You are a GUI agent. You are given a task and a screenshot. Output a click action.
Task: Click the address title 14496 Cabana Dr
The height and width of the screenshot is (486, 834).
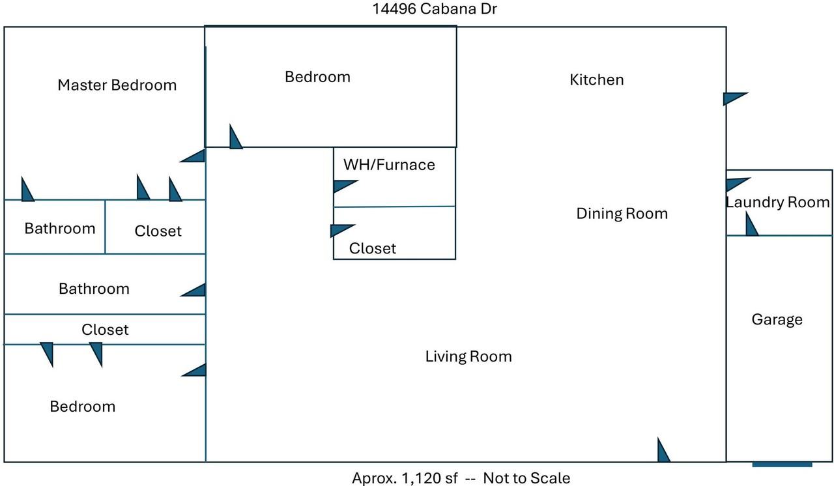(x=435, y=9)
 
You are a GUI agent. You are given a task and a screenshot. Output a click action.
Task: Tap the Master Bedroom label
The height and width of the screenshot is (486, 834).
(x=117, y=85)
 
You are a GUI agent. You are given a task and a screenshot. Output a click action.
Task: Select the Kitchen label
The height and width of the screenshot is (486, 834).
(x=597, y=79)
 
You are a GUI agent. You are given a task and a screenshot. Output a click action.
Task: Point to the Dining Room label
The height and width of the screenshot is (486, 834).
(x=622, y=213)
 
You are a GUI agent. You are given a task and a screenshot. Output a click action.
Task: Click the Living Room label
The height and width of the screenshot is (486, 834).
(x=468, y=356)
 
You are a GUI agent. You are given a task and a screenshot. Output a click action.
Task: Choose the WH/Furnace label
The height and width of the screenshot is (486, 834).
(x=389, y=164)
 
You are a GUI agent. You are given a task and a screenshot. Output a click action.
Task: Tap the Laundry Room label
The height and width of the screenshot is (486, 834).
(x=778, y=202)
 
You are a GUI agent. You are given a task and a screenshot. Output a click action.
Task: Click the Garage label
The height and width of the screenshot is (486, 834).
(x=777, y=319)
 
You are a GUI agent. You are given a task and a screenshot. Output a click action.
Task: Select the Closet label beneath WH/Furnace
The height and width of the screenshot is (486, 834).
(x=373, y=248)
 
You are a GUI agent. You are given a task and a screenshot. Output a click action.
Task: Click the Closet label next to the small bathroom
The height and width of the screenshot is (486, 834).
(x=158, y=231)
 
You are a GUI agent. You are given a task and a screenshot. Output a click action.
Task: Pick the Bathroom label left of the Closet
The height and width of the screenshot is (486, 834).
(x=60, y=228)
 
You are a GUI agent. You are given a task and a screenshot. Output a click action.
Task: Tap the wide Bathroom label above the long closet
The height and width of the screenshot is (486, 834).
(x=94, y=288)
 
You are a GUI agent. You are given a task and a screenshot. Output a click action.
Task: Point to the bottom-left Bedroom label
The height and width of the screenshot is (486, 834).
(x=83, y=406)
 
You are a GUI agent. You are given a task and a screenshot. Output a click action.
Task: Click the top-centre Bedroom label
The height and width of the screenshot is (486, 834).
(x=318, y=77)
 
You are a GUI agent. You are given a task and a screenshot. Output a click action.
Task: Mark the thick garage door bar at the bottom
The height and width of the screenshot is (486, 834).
(x=782, y=465)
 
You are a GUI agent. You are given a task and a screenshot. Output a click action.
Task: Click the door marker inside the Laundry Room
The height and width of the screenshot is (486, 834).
(x=751, y=225)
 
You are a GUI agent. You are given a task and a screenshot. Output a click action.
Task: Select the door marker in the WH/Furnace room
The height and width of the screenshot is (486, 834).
(x=343, y=186)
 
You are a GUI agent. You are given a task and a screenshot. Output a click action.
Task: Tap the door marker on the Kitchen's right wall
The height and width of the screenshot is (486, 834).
(x=734, y=98)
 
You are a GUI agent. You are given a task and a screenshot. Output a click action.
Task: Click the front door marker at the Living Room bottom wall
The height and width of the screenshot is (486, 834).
(x=663, y=451)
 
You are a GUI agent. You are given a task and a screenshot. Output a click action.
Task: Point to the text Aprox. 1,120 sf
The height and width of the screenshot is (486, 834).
(x=409, y=478)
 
